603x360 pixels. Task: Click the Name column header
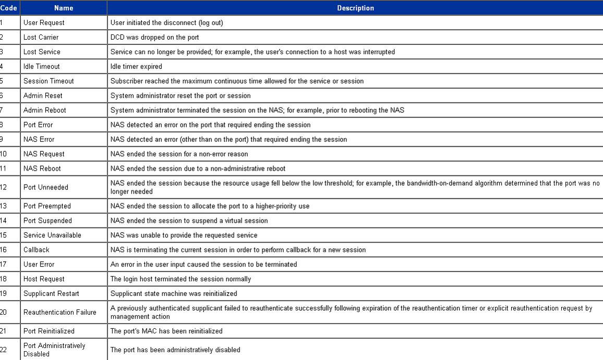(64, 8)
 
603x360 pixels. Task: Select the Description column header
(355, 8)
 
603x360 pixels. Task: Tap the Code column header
(9, 8)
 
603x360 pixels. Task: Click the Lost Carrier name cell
(41, 37)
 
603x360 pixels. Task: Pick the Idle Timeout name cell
(41, 66)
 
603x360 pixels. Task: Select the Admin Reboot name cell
(44, 110)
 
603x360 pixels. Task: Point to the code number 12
(4, 187)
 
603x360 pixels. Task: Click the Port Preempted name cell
(47, 206)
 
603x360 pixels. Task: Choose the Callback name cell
(36, 250)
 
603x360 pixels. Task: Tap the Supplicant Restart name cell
(51, 294)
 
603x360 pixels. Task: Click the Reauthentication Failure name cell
(60, 313)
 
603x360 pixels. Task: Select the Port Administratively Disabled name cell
(54, 350)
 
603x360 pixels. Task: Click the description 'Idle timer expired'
(136, 66)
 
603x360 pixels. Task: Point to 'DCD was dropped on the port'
(154, 37)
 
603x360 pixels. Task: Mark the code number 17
(4, 265)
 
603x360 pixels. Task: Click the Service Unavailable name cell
(52, 235)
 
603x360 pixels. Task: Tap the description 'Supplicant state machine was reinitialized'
(174, 294)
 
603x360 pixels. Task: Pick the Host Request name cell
(44, 279)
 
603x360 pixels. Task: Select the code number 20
(4, 313)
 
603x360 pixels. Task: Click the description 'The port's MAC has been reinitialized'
(166, 331)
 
